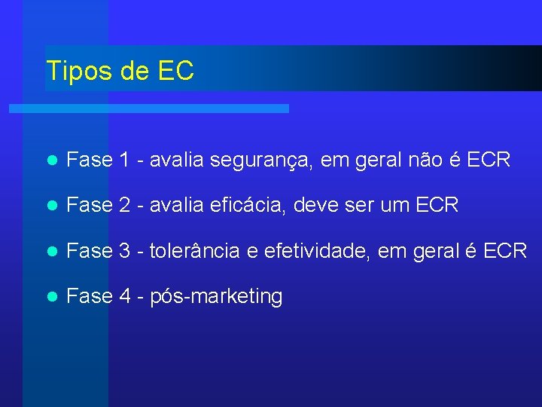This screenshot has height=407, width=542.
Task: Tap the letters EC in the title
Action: point(176,71)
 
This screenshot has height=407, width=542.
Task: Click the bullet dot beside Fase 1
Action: point(51,161)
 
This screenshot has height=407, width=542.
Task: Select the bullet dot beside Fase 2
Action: point(51,206)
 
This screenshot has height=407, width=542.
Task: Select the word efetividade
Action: point(307,251)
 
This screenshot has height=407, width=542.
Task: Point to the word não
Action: point(431,160)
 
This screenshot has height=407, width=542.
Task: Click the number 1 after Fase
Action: point(124,160)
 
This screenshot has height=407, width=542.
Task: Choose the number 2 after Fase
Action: point(125,205)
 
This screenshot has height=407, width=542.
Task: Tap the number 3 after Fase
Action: point(125,251)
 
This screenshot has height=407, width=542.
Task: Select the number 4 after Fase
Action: point(125,296)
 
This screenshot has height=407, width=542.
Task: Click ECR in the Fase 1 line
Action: point(489,160)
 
